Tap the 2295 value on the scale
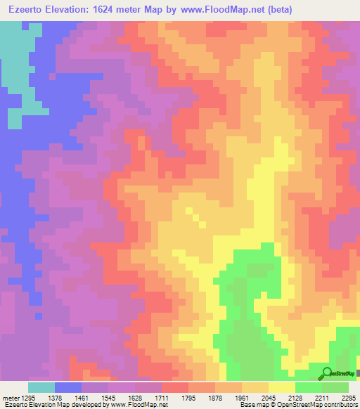click(x=350, y=397)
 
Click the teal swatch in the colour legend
click(x=41, y=387)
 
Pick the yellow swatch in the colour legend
click(x=281, y=387)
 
